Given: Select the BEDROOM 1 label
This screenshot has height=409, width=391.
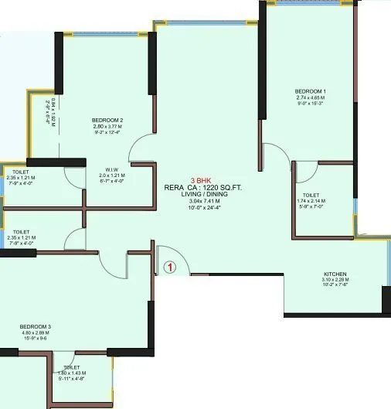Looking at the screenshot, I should tap(311, 91).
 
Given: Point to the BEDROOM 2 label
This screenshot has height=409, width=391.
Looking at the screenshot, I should tap(107, 120).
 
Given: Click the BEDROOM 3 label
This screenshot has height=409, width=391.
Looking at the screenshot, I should tap(36, 327).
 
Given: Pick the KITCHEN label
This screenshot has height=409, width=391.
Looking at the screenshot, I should tap(335, 274).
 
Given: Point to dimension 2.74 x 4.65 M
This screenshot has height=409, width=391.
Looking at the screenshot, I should tap(311, 97).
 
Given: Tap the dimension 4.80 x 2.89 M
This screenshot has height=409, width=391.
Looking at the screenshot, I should tap(36, 333).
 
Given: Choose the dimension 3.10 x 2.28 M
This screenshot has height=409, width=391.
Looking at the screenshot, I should tap(335, 280).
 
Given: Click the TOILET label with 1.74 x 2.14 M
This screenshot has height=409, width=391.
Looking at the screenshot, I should tap(311, 196).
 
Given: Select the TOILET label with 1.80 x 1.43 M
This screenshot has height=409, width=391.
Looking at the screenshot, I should tap(72, 367).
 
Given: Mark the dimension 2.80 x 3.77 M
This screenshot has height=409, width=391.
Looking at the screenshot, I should tap(107, 126).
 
